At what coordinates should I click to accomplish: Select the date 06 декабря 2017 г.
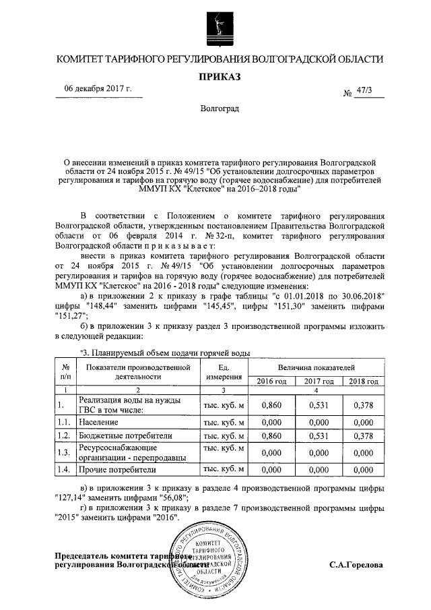pyautogui.click(x=98, y=89)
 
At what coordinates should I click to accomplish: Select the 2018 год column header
pyautogui.click(x=362, y=382)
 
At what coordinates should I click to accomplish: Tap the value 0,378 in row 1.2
pyautogui.click(x=362, y=436)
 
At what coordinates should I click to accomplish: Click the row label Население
pyautogui.click(x=97, y=421)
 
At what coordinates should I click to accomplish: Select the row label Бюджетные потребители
pyautogui.click(x=125, y=436)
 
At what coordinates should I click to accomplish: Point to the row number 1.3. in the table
pyautogui.click(x=64, y=452)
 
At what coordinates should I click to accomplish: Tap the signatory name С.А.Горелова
pyautogui.click(x=356, y=564)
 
